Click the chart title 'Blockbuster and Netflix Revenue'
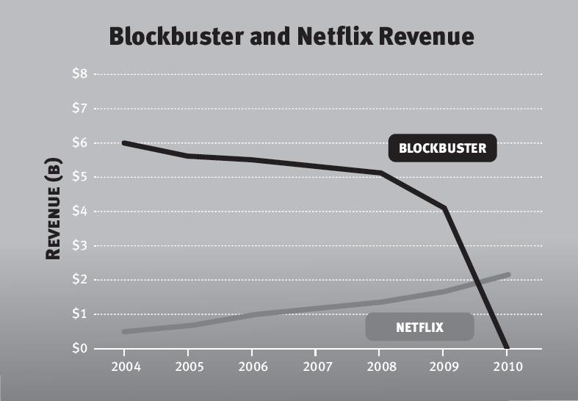pos(292,37)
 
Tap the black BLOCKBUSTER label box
pos(442,148)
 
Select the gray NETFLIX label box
pos(419,327)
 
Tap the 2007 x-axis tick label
pos(316,366)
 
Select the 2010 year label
pos(507,366)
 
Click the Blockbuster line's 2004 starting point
pos(124,142)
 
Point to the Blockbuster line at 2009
pos(444,209)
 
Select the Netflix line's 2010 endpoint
pos(507,275)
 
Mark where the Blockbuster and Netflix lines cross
pos(479,283)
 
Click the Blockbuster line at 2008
pos(380,173)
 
